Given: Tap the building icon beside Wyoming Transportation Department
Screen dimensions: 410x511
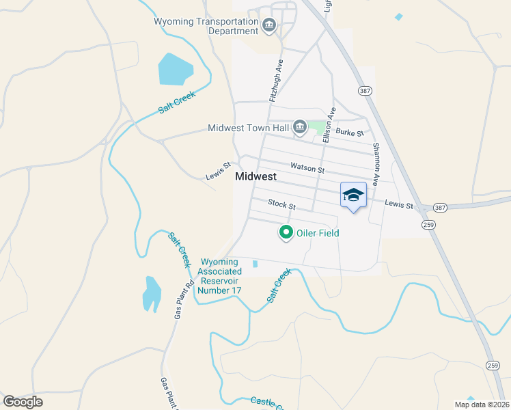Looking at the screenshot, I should (x=268, y=27).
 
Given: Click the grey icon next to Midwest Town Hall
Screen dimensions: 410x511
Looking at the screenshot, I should (x=299, y=127).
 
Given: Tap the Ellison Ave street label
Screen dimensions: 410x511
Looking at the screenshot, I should (x=331, y=122).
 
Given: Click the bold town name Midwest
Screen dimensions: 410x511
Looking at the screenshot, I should (x=255, y=176).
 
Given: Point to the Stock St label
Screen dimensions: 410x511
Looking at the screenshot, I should (x=281, y=204).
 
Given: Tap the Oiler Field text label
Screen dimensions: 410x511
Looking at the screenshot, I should (x=318, y=233).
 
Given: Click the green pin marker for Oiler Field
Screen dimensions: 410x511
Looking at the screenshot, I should (x=286, y=232).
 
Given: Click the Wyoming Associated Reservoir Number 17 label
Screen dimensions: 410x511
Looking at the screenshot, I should (x=219, y=276).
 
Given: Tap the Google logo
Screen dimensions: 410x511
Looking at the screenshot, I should (x=23, y=402).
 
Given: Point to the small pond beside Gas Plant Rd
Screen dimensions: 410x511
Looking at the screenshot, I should (x=151, y=293).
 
